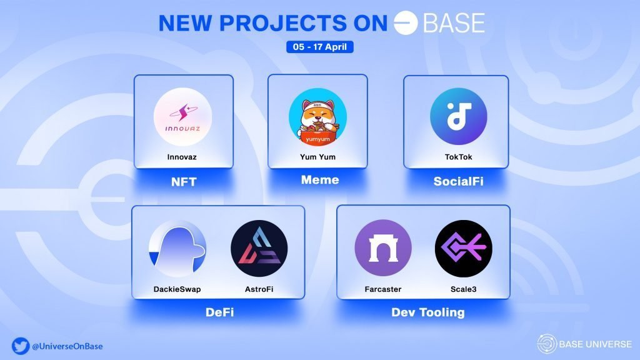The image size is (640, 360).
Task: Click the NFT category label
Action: pos(184,182)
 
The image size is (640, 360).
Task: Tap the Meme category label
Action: pos(319,181)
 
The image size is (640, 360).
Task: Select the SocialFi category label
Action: pos(458,182)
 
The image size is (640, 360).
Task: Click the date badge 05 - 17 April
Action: pos(319,47)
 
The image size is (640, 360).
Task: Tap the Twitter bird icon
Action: pos(19,346)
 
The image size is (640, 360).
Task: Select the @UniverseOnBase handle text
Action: pos(67,346)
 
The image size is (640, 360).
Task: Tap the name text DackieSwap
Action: pos(177,289)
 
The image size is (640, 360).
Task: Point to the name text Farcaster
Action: pos(382,289)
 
